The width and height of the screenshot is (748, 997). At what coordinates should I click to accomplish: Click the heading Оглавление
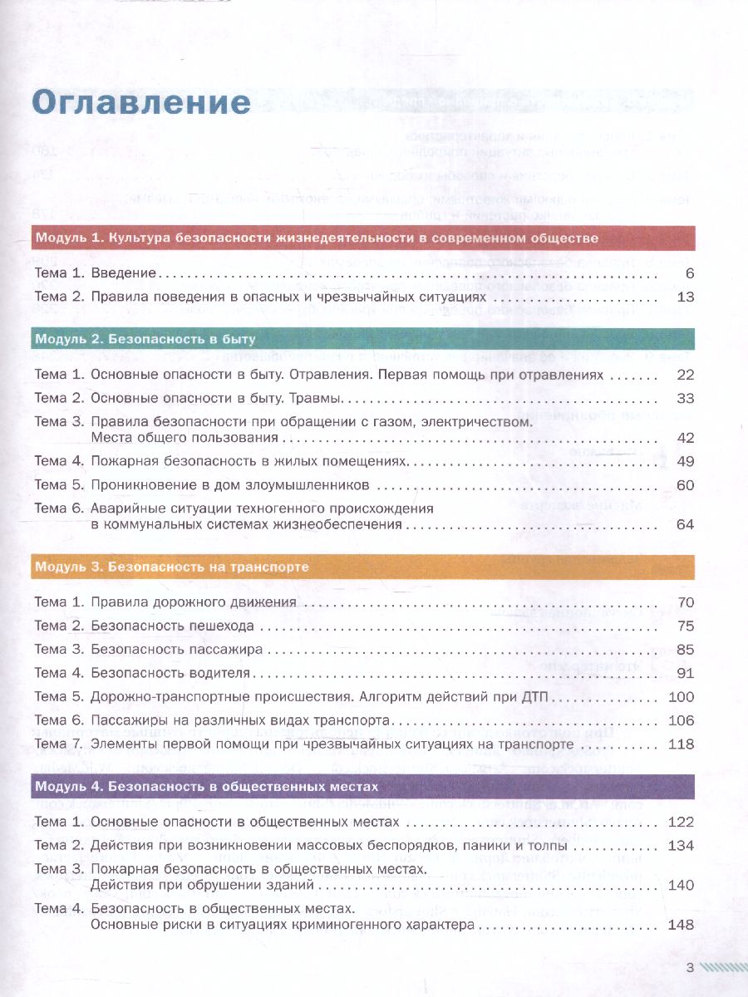coord(141,102)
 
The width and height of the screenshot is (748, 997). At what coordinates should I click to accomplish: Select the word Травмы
coord(320,399)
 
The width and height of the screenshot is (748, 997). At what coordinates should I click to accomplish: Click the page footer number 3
coord(690,967)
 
